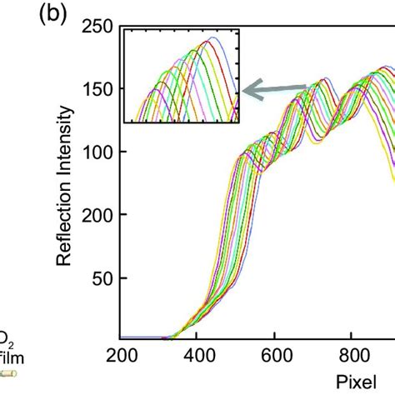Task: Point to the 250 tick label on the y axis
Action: [97, 27]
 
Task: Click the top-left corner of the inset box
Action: [123, 27]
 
